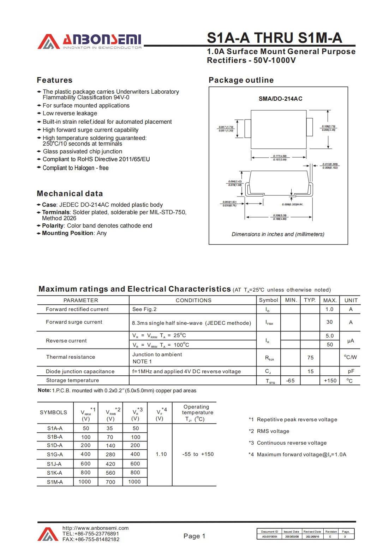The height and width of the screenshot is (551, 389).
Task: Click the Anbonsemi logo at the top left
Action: pos(90,41)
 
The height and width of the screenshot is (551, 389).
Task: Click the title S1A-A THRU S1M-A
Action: pos(274,38)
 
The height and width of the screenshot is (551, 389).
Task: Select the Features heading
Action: pos(54,80)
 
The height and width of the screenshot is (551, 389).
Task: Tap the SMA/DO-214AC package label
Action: pos(280,99)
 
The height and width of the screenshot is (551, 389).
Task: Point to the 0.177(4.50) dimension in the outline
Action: pos(280,156)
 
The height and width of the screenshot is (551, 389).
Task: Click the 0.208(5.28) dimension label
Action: pos(280,215)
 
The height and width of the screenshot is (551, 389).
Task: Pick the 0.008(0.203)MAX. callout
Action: pos(292,205)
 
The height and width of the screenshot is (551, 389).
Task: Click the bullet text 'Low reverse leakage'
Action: pos(70,113)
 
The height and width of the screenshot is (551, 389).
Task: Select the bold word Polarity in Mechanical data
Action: pos(53,226)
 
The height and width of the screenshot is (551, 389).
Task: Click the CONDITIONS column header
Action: pos(193,300)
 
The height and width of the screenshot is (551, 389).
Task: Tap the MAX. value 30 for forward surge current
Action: pos(329,322)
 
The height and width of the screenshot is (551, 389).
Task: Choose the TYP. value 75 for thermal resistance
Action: pos(310,358)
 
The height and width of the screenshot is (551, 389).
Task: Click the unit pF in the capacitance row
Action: pos(351,371)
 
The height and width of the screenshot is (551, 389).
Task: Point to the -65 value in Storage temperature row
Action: pos(290,381)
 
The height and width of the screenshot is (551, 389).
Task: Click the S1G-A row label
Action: pos(55,455)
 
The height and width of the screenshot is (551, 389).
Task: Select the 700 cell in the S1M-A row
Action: pos(110,482)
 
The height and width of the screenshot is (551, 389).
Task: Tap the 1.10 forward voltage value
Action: pos(161,455)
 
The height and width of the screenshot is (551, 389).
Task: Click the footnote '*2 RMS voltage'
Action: pos(269,431)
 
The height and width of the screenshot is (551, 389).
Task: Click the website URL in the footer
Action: pos(95,528)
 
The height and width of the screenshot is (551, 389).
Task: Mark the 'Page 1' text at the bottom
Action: pos(194,536)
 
